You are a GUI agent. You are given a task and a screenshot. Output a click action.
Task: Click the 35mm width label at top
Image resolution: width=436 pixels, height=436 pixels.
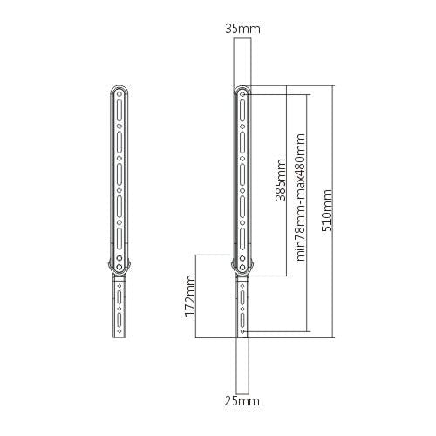click(x=242, y=30)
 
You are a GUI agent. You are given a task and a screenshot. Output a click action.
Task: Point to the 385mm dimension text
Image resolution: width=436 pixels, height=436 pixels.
click(x=281, y=179)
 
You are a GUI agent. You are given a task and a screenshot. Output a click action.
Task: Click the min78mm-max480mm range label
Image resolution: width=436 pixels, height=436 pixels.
click(x=301, y=197)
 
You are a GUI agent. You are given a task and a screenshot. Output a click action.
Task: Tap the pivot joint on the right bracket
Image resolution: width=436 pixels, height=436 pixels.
click(x=242, y=264)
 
